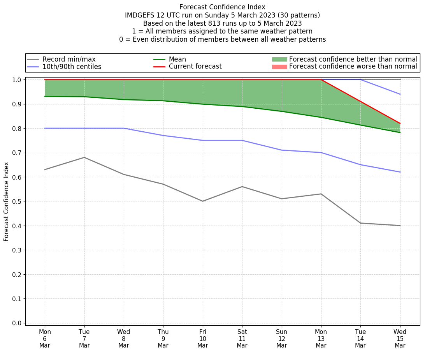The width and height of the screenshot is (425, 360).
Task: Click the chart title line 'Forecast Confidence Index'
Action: pos(222,7)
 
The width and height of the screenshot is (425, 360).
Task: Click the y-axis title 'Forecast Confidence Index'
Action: pos(7,201)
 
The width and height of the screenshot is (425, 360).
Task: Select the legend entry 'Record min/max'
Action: pos(69,59)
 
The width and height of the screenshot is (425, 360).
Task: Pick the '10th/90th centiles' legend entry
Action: pos(72,67)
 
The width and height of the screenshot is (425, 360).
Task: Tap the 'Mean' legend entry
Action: pos(177,59)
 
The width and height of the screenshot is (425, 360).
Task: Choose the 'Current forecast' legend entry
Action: pos(195,67)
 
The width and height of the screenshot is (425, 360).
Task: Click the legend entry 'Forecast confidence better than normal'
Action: pos(353,59)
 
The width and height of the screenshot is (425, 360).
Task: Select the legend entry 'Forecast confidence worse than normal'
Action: pos(353,67)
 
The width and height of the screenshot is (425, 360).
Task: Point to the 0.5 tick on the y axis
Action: pos(18,201)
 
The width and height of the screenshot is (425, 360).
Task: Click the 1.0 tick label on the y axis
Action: pos(18,80)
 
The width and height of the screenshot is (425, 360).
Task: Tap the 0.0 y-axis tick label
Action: pos(18,323)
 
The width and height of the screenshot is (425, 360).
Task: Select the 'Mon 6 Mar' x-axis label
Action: pos(45,339)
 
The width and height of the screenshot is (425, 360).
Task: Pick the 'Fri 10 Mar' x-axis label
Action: pos(203,339)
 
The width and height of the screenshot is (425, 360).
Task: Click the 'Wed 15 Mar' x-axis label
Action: pos(400,339)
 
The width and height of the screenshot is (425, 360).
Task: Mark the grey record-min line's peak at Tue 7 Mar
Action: pos(84,157)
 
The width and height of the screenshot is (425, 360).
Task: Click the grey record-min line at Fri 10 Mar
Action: pos(203,201)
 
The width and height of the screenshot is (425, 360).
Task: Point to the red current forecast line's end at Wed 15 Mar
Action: pos(400,124)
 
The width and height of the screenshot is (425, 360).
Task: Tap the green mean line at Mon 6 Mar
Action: pos(45,96)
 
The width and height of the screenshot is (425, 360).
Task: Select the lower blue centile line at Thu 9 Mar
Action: pos(163,135)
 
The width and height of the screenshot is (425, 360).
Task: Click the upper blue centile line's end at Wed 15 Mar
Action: pos(400,94)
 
